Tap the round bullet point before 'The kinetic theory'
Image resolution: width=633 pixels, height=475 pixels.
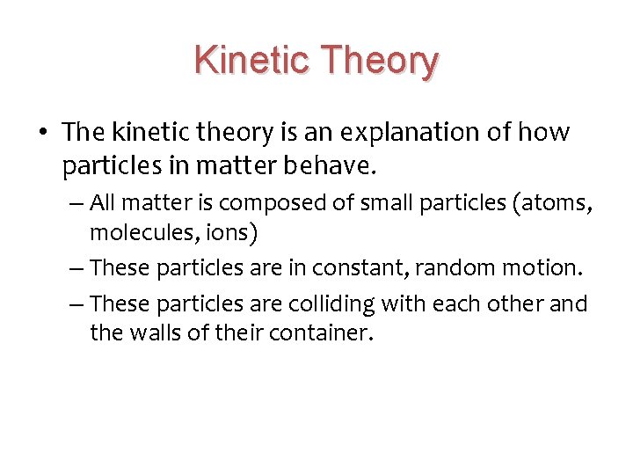pyautogui.click(x=44, y=133)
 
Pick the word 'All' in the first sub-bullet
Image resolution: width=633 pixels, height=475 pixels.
pyautogui.click(x=103, y=203)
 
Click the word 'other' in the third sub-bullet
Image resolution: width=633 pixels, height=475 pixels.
pyautogui.click(x=519, y=303)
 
